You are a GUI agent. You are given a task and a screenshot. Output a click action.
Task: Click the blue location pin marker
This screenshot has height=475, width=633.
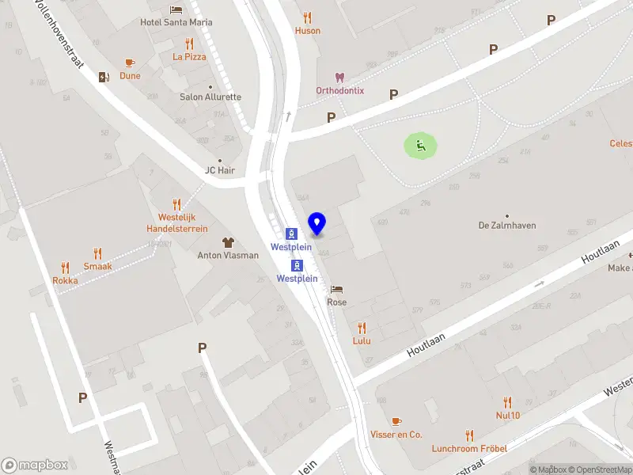[x=317, y=223]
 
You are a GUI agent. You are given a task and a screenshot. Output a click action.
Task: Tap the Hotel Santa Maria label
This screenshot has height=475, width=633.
[x=176, y=22]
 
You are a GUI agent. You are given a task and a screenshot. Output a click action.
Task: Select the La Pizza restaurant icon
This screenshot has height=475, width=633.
[x=188, y=44]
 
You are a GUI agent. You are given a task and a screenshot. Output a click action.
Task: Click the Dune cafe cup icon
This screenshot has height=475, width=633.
[x=130, y=63]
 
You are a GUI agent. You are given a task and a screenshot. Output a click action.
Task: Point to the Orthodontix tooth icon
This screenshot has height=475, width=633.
[x=340, y=78]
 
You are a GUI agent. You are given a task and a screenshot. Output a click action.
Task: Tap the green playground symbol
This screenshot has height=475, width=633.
[x=420, y=145]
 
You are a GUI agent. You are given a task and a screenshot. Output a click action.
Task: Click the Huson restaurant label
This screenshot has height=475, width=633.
[x=308, y=31]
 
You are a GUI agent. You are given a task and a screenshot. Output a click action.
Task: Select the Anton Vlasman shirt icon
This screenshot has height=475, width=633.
[x=228, y=242]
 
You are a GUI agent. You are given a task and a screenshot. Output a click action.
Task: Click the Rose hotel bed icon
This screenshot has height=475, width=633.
[x=337, y=289]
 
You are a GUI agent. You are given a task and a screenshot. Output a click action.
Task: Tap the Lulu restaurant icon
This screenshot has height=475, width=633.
[x=362, y=328]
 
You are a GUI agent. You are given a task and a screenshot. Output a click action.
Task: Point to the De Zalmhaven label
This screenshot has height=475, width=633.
[x=507, y=226]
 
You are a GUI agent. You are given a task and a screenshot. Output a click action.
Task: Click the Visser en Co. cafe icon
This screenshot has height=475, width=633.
[x=396, y=421]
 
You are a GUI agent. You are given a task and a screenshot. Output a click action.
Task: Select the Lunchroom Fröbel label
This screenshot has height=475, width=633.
[x=469, y=448]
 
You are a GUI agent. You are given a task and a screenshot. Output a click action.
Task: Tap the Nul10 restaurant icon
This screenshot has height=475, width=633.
[x=507, y=402]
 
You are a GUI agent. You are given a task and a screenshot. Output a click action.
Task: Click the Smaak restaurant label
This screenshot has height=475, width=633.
[x=98, y=267]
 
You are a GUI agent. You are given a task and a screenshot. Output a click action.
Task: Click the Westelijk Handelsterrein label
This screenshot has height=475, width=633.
[x=176, y=222]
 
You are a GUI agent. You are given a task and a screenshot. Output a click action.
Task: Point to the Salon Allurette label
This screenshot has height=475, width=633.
[x=210, y=97]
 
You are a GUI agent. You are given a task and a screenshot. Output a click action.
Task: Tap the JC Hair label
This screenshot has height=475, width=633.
[x=220, y=170]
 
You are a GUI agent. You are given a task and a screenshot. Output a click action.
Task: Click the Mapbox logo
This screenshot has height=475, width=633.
[x=35, y=465]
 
